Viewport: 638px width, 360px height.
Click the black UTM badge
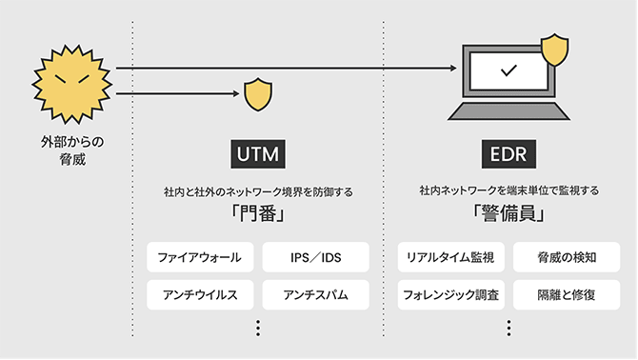[258, 154]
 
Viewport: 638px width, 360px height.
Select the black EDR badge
[508, 154]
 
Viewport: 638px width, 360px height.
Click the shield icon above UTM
[257, 93]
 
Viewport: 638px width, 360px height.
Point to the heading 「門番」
[258, 214]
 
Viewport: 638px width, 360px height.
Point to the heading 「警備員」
[508, 214]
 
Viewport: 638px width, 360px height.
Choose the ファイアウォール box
[199, 257]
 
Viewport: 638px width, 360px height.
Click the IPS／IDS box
[313, 257]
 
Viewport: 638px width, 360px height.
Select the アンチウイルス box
[199, 294]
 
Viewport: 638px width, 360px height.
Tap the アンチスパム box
[313, 294]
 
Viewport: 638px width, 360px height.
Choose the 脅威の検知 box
[566, 257]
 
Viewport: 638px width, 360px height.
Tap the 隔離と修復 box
[566, 294]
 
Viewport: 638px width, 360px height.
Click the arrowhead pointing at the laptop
[449, 69]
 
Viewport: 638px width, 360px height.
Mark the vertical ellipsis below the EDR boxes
[509, 327]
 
